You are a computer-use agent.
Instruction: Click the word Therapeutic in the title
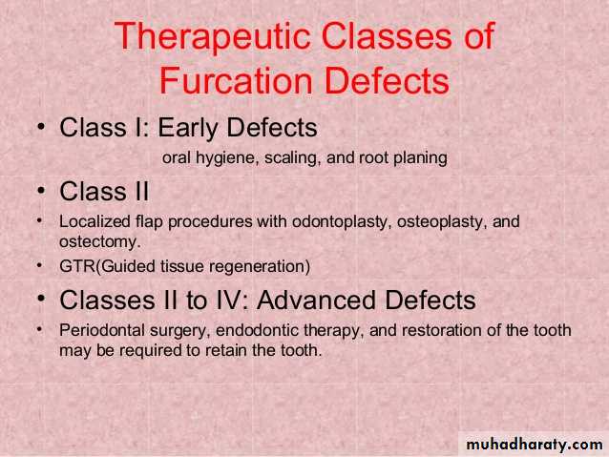(212, 37)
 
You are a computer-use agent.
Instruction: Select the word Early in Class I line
(189, 128)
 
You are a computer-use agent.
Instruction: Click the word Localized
(94, 221)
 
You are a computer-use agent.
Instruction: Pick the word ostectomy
(100, 242)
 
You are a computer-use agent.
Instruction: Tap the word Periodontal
(102, 330)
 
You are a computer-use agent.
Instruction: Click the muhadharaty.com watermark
(535, 445)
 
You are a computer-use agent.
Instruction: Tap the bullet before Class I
(41, 127)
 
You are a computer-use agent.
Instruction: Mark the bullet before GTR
(39, 266)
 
